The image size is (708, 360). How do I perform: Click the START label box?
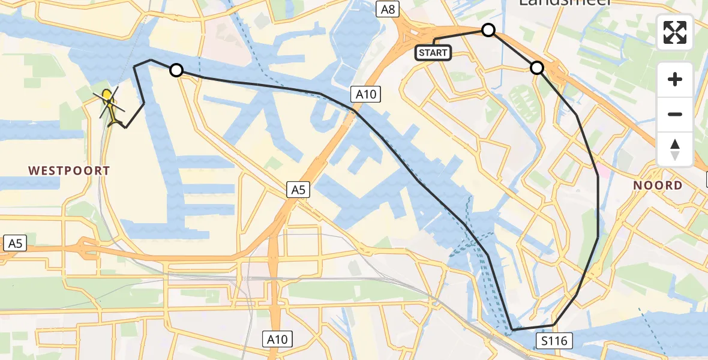click(433, 53)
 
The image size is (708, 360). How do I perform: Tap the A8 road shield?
click(388, 8)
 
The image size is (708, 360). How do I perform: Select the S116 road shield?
click(553, 341)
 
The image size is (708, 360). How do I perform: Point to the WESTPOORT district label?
click(70, 171)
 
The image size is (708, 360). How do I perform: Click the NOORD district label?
click(658, 185)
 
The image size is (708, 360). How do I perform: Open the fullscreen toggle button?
click(675, 32)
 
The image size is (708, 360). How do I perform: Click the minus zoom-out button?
click(675, 114)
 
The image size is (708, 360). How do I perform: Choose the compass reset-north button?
click(675, 148)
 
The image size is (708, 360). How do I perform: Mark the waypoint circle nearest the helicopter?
click(176, 70)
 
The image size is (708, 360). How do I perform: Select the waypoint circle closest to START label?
click(488, 30)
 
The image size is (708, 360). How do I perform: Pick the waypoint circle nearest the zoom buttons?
click(537, 68)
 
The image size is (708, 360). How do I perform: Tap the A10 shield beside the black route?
click(366, 94)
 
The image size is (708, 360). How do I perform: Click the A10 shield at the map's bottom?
click(277, 340)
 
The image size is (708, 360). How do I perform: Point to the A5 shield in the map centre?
click(298, 190)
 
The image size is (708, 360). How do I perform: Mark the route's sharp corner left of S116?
click(513, 330)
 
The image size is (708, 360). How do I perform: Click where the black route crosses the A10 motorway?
click(355, 111)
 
